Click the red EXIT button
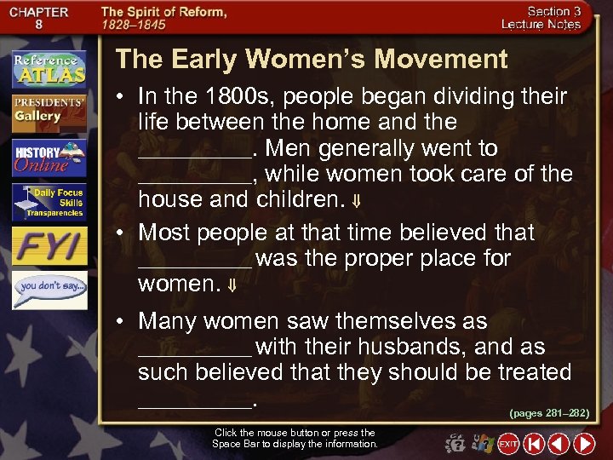click(508, 444)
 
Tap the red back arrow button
click(559, 444)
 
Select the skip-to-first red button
click(534, 444)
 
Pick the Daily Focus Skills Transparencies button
click(49, 203)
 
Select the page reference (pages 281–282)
click(548, 412)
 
